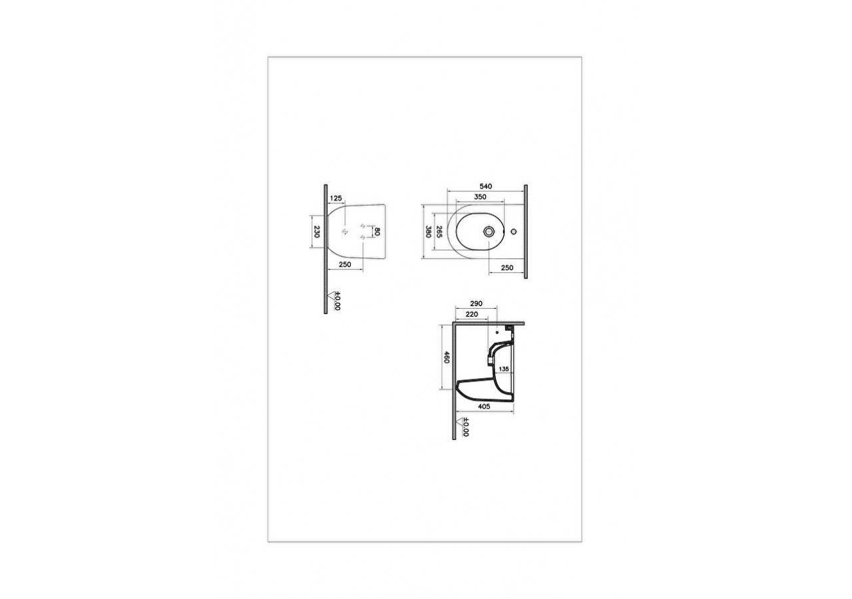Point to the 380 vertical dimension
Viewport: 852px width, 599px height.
pyautogui.click(x=429, y=232)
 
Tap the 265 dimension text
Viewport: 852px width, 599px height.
pyautogui.click(x=439, y=231)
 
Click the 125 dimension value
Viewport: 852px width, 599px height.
pyautogui.click(x=335, y=198)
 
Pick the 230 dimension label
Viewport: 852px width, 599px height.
pyautogui.click(x=317, y=232)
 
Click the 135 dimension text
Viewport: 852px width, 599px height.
pyautogui.click(x=504, y=369)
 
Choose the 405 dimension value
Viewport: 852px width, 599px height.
pyautogui.click(x=484, y=404)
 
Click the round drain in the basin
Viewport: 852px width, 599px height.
pyautogui.click(x=489, y=232)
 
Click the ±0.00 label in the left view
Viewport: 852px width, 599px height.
pyautogui.click(x=337, y=301)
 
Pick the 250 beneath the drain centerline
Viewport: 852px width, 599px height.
pyautogui.click(x=507, y=267)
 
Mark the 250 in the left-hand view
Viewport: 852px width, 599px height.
pyautogui.click(x=345, y=265)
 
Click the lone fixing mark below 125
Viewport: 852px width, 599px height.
pyautogui.click(x=344, y=232)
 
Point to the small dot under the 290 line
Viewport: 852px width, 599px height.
pyautogui.click(x=498, y=331)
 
